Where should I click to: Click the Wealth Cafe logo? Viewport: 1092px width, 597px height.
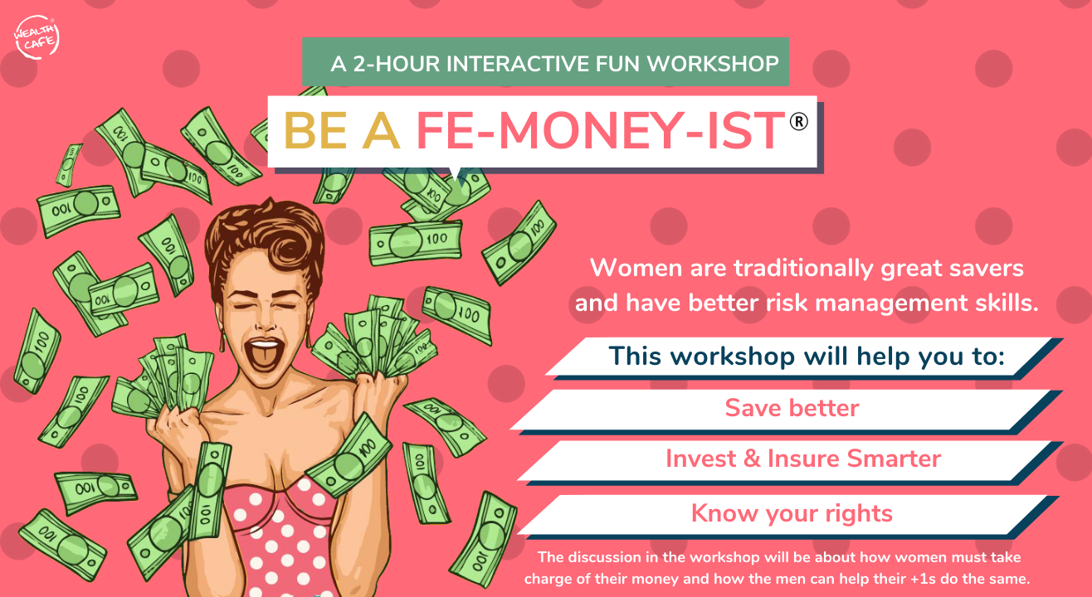37,37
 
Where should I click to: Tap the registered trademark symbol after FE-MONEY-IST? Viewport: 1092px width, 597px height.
798,121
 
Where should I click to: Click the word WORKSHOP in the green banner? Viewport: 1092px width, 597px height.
713,64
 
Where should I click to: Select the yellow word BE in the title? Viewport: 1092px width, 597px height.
315,130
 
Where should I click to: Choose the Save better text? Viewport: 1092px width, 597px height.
792,408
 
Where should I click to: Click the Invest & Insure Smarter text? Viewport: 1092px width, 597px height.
803,459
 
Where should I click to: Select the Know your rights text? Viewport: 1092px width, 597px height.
792,514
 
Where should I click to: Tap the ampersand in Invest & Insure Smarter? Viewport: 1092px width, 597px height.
752,459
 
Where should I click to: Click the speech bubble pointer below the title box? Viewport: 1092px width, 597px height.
455,174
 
